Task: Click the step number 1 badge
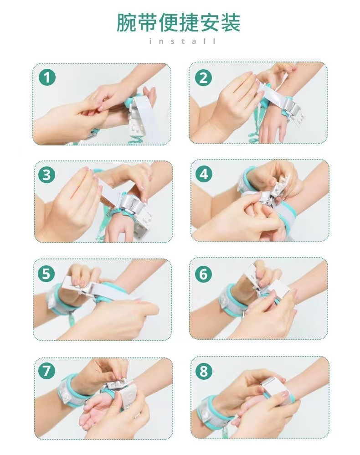tap(47, 77)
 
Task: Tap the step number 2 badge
tap(203, 78)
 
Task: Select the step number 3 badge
tap(46, 175)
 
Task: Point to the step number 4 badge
tap(204, 175)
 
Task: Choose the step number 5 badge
tap(46, 274)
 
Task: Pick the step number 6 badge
tap(203, 274)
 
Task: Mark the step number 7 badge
tap(46, 371)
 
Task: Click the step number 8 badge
tap(204, 371)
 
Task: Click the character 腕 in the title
tap(127, 22)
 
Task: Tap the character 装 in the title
tap(231, 22)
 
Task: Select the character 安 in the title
tap(210, 22)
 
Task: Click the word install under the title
tap(182, 41)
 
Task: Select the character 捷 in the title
tap(189, 22)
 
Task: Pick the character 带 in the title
tap(147, 22)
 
